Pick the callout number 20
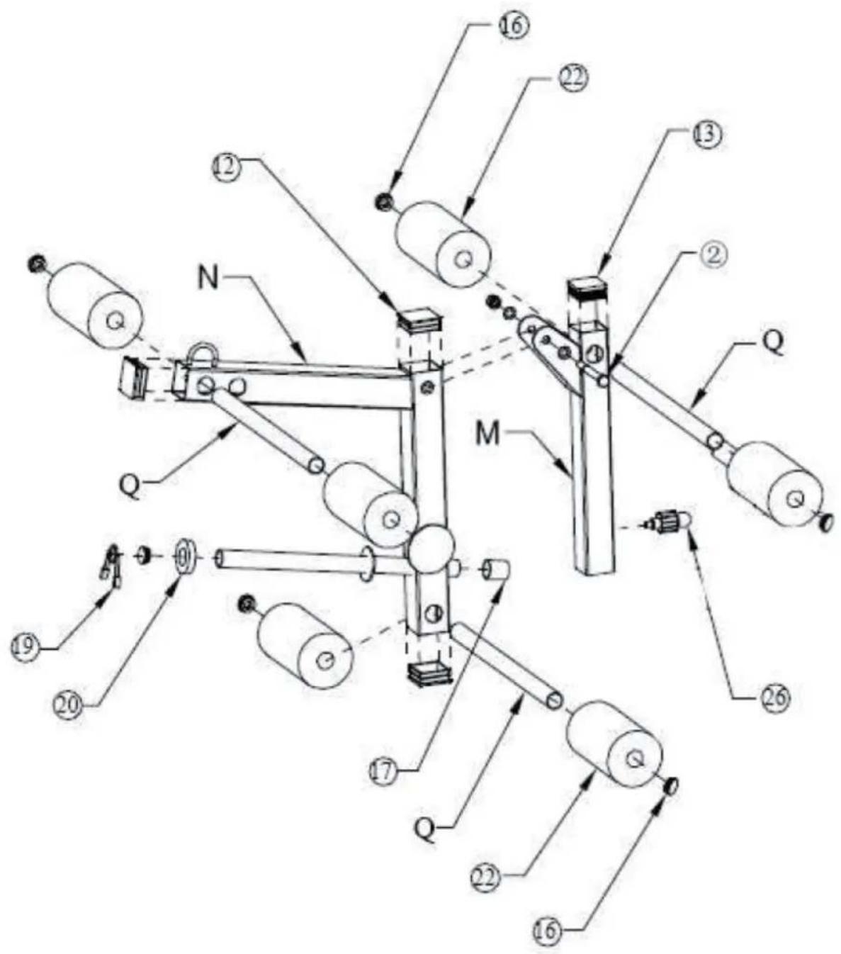pos(68,707)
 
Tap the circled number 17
pos(383,770)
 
